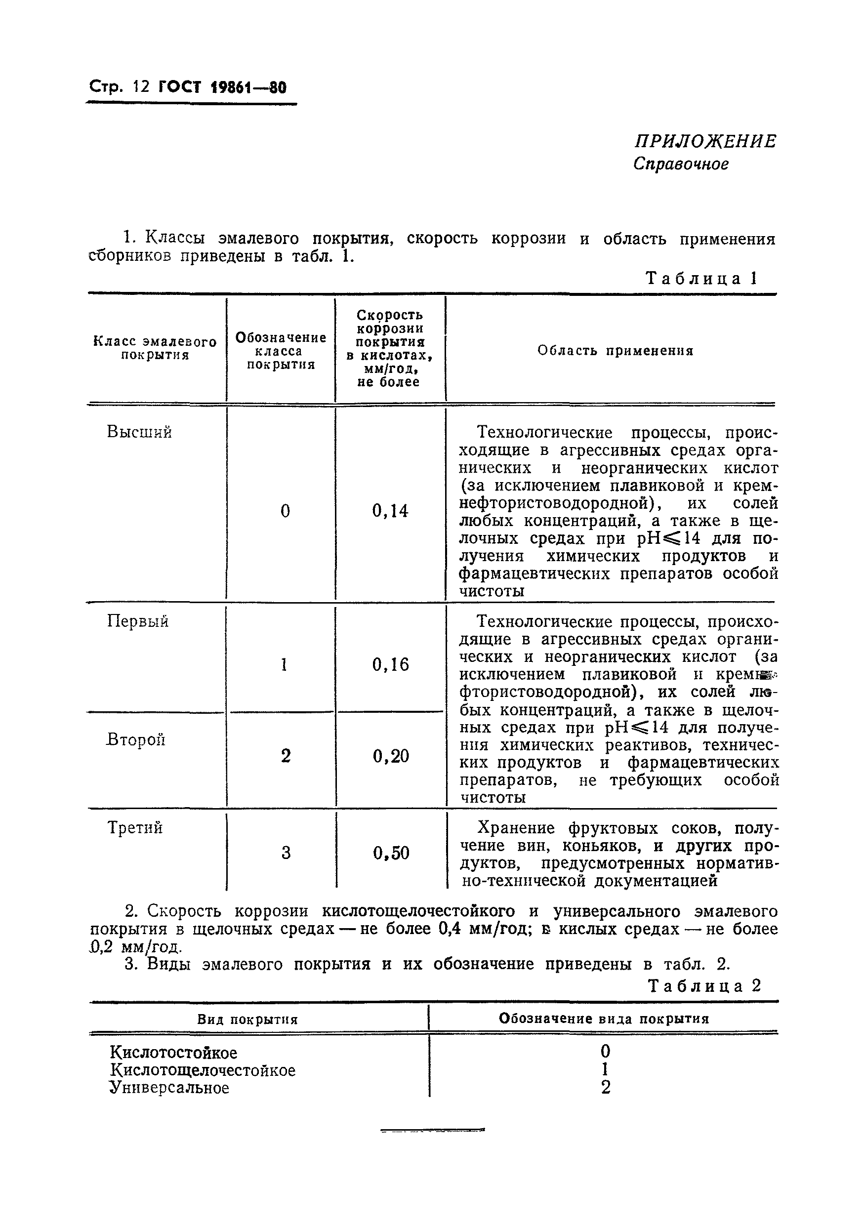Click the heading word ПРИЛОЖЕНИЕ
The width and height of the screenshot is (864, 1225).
pyautogui.click(x=704, y=141)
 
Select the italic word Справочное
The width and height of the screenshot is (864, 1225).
pyautogui.click(x=680, y=164)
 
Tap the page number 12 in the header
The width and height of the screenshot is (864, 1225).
pyautogui.click(x=141, y=87)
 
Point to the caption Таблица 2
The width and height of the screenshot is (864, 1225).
pyautogui.click(x=704, y=986)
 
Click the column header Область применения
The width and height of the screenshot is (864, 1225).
pyautogui.click(x=615, y=351)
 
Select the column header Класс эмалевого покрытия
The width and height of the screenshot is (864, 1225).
pyautogui.click(x=155, y=348)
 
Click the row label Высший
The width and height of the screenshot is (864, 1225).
pyautogui.click(x=139, y=432)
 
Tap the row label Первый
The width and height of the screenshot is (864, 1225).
pyautogui.click(x=138, y=621)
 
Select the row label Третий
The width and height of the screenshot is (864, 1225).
pyautogui.click(x=135, y=827)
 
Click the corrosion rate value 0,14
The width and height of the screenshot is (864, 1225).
pyautogui.click(x=390, y=511)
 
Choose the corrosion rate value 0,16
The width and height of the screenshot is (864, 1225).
pyautogui.click(x=390, y=665)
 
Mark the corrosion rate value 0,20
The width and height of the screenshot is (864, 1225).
pyautogui.click(x=391, y=756)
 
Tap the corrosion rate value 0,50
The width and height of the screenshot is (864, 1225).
pyautogui.click(x=391, y=853)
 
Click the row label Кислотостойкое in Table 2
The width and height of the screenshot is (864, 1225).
pyautogui.click(x=173, y=1053)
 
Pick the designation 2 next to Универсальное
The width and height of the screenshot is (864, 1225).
pyautogui.click(x=605, y=1087)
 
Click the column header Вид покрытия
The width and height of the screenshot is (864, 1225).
pyautogui.click(x=247, y=1020)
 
